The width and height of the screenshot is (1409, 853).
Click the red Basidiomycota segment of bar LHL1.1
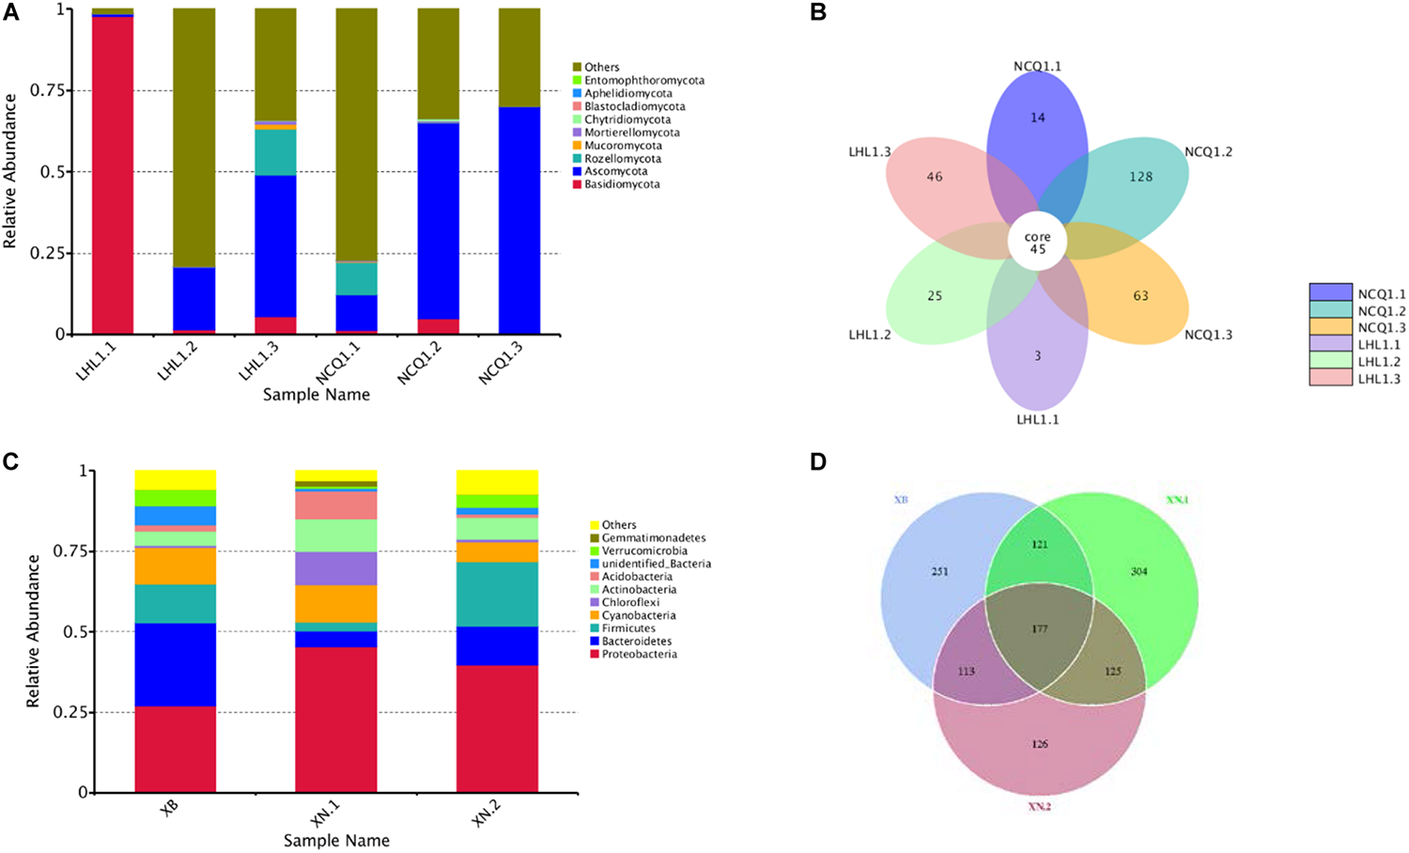pos(113,175)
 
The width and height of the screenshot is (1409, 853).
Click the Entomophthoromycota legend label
pos(643,81)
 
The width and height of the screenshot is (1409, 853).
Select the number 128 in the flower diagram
pos(1140,177)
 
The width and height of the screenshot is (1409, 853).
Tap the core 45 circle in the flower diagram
pos(1037,243)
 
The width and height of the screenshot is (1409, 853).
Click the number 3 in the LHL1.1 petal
pos(1037,356)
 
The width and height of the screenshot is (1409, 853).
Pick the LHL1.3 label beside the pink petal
pos(869,152)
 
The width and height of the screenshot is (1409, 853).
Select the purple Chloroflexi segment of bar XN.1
pos(336,568)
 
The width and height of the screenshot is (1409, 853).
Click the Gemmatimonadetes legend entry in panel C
pos(653,538)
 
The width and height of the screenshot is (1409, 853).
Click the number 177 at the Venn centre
pos(1038,629)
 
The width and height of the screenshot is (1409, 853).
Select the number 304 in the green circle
pos(1138,572)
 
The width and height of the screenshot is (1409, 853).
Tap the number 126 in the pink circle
pos(1038,745)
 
